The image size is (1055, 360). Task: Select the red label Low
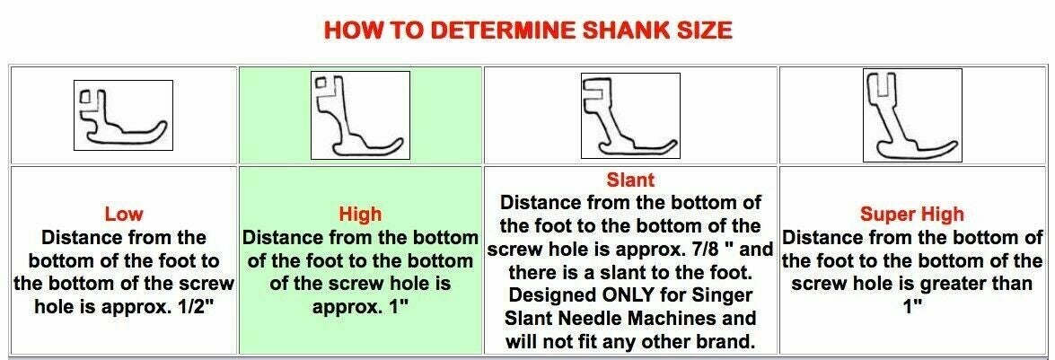click(x=124, y=215)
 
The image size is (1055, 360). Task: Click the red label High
click(x=361, y=215)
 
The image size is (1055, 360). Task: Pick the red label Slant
click(x=630, y=180)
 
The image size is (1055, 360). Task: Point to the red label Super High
click(x=911, y=215)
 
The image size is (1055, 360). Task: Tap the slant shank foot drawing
click(x=629, y=117)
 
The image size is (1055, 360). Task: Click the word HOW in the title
click(x=347, y=31)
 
